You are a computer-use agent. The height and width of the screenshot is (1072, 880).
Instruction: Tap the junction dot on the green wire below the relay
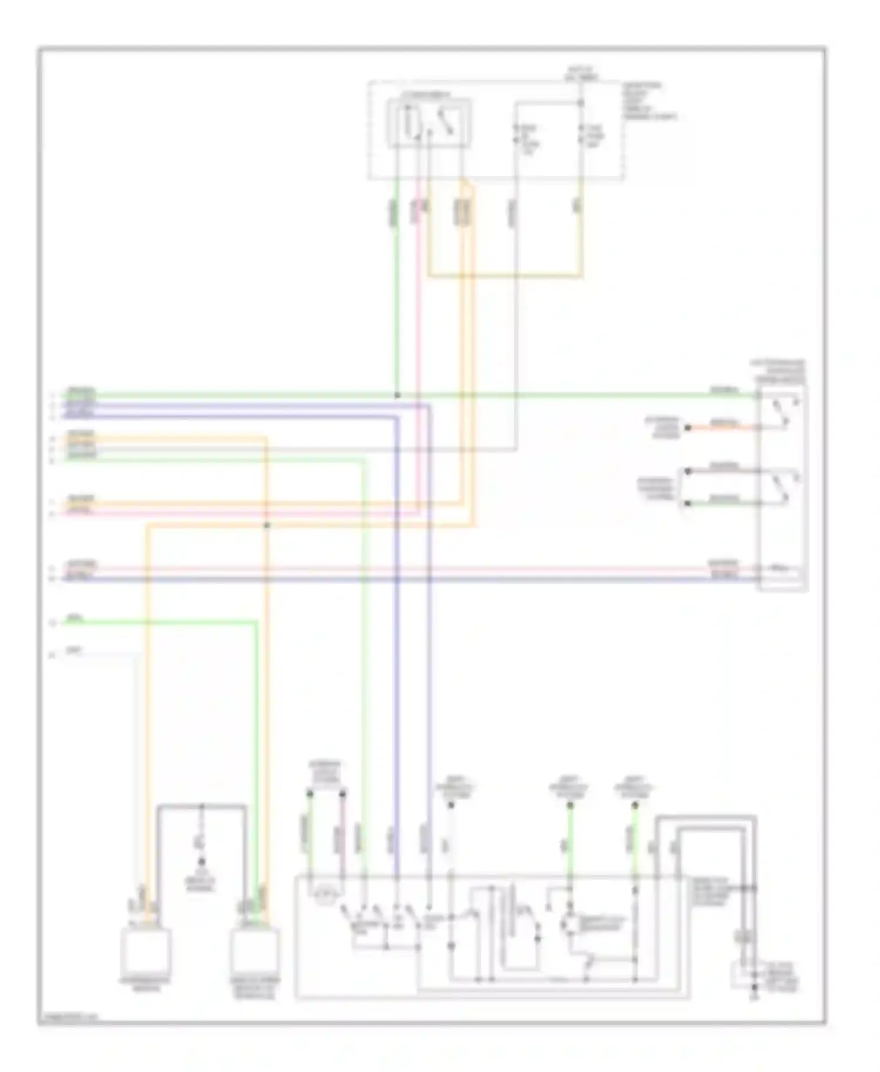tap(397, 396)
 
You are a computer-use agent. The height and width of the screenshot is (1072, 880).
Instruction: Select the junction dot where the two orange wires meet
tap(267, 525)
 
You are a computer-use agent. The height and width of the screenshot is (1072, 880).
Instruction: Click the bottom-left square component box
tap(145, 951)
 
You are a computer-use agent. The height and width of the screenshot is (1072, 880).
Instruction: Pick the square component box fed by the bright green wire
tap(255, 951)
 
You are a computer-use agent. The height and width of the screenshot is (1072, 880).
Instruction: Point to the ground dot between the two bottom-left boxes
tap(201, 862)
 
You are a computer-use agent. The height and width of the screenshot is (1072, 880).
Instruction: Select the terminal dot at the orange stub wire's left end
tap(688, 428)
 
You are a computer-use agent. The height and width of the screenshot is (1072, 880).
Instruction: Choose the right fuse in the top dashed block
tap(581, 134)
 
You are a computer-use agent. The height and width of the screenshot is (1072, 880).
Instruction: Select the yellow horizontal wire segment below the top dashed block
tap(505, 275)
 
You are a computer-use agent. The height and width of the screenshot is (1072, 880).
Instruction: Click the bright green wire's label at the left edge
tap(75, 617)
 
